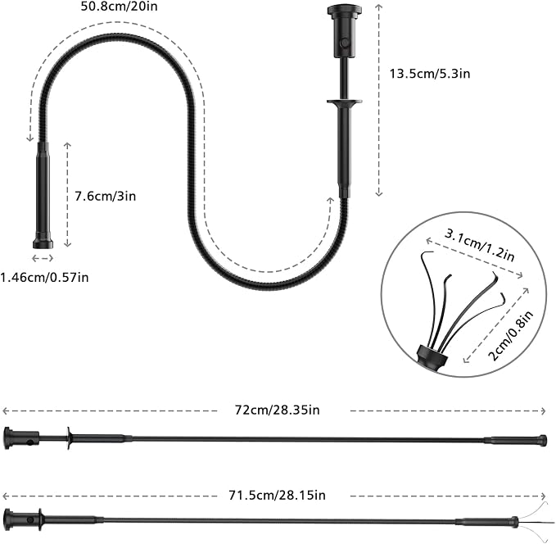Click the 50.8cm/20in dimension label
coord(120,7)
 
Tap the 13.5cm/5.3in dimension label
coord(430,74)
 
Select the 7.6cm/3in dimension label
coord(106,197)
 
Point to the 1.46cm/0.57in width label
coord(44,277)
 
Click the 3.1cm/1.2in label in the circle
coord(479,245)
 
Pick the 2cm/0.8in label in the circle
coord(511,335)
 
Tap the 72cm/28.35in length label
coord(277,410)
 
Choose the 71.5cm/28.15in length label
coord(277,495)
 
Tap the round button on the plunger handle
coord(344,43)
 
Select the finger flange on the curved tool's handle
coord(344,103)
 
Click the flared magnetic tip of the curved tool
coord(43,243)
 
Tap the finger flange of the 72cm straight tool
coord(69,438)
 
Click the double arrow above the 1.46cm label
coord(43,258)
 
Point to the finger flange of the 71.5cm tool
coord(39,520)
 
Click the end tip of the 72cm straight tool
coord(542,440)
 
